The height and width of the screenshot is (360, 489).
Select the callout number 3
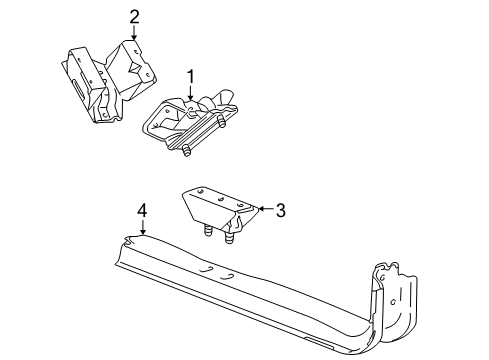[281, 210]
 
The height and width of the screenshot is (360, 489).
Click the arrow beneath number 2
[134, 33]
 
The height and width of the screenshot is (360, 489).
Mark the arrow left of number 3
[262, 210]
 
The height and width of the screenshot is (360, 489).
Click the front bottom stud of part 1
[188, 151]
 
